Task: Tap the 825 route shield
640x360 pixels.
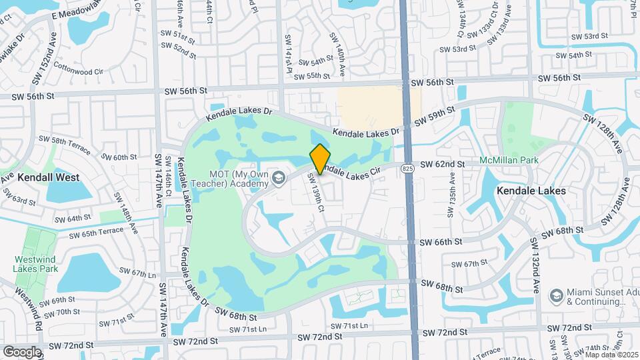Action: coord(407,170)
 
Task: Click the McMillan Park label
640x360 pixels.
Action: coord(510,161)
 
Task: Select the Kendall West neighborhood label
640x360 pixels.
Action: coord(49,177)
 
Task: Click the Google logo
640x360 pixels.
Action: coord(21,351)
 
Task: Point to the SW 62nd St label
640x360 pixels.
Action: coord(442,164)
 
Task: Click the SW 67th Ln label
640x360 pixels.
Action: coord(137,273)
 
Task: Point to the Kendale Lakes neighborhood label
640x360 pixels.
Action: coord(531,191)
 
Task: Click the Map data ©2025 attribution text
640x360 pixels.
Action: coord(609,354)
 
